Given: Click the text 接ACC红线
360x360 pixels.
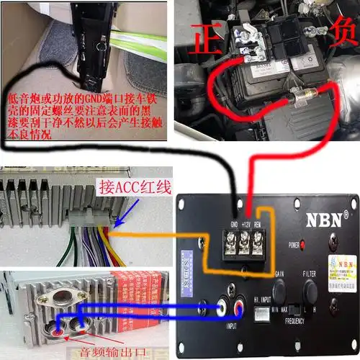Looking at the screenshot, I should (134, 189).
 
